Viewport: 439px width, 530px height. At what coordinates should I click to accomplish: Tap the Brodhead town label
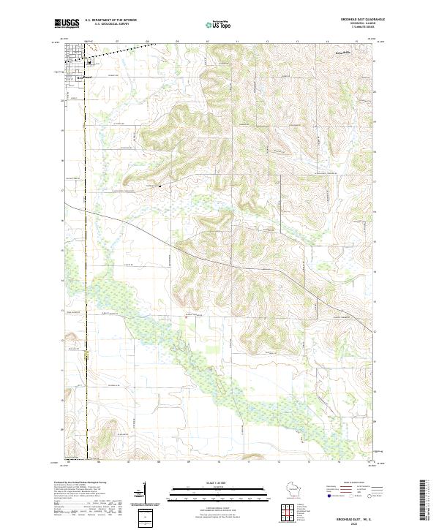82,76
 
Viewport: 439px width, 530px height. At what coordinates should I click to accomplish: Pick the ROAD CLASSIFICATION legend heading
348,483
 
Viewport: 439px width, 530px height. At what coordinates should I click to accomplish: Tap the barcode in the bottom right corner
423,499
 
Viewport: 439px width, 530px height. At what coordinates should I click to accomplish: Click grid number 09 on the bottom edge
188,463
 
